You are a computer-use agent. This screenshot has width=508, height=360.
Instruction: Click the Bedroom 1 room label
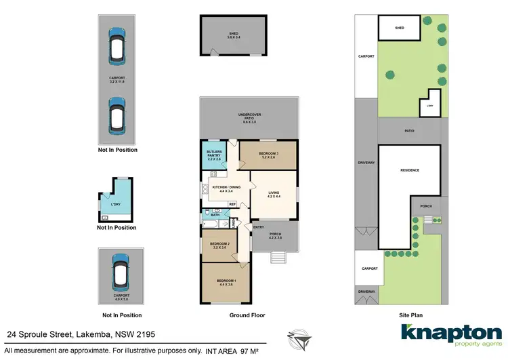click(226, 282)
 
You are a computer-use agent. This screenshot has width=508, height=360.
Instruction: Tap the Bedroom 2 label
click(220, 245)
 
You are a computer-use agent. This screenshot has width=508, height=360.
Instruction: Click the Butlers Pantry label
click(215, 154)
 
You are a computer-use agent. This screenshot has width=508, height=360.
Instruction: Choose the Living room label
click(274, 195)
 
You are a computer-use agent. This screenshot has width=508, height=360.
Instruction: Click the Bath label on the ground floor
click(224, 215)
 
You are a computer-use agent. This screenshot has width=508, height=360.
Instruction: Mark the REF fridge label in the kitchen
click(232, 204)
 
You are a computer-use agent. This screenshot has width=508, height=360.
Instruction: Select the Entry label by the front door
click(259, 227)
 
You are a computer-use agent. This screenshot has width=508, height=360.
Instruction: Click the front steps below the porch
click(278, 258)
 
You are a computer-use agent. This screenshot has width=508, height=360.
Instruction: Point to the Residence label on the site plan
click(410, 170)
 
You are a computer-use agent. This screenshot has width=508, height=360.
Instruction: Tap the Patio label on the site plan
click(409, 130)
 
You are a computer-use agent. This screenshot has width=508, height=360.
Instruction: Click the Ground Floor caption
click(248, 315)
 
